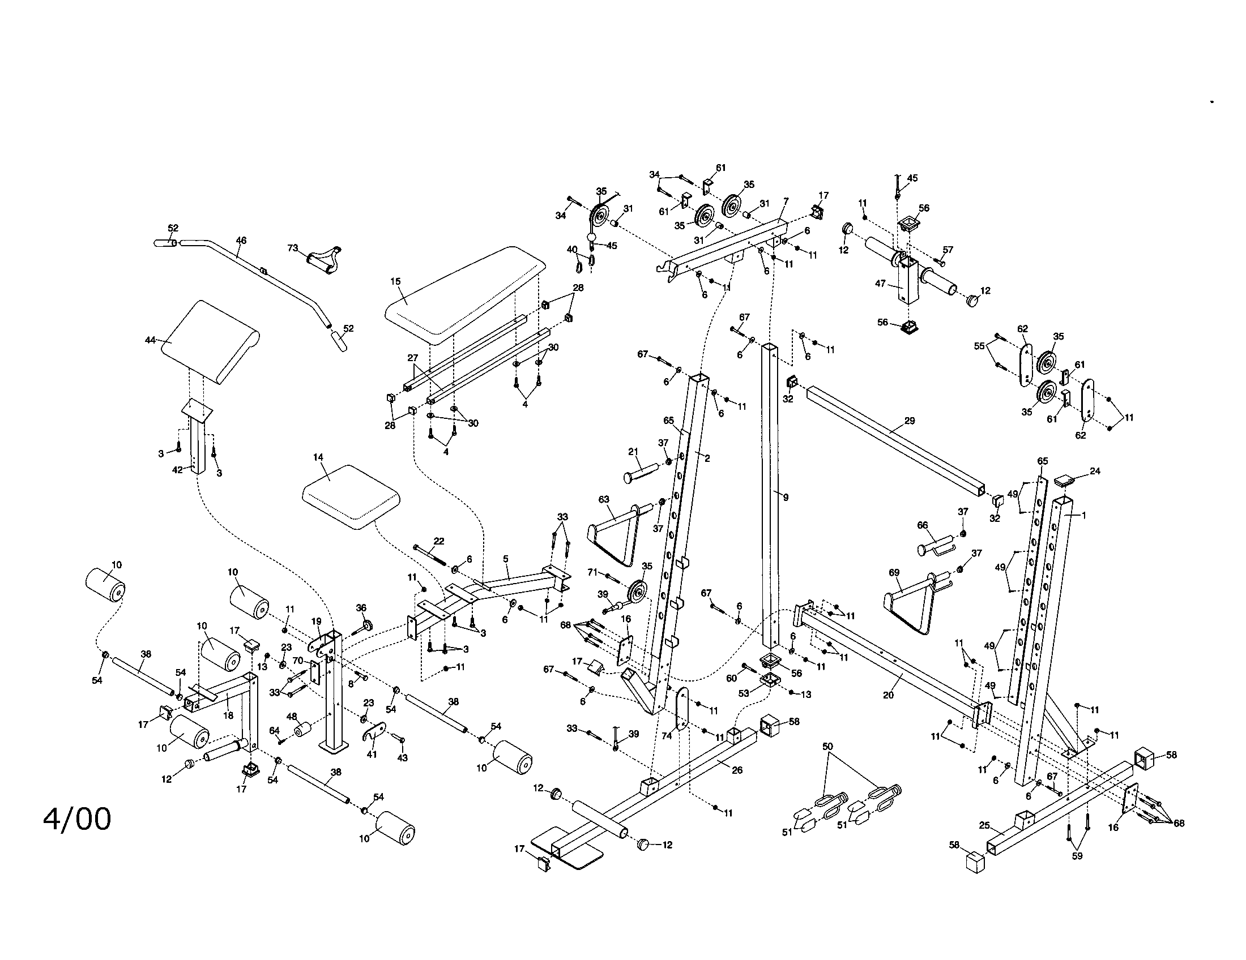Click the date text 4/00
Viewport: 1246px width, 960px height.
tap(77, 820)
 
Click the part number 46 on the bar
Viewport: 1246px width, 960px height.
tap(241, 241)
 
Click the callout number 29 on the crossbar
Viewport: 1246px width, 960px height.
tap(910, 421)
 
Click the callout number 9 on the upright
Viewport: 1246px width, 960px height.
tap(786, 498)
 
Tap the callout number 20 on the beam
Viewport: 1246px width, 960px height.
tap(888, 695)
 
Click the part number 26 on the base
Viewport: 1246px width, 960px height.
tap(737, 770)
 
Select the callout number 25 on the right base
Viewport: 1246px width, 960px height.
tap(984, 825)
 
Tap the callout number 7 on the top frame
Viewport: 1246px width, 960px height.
tap(786, 202)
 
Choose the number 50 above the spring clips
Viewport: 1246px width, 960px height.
tap(827, 746)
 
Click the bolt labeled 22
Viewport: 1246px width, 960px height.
tap(431, 552)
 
